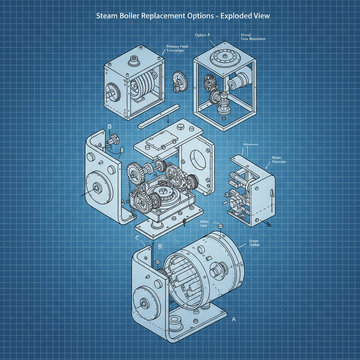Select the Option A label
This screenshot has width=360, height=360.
202,36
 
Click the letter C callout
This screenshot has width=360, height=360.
137,238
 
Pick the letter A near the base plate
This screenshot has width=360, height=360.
233,320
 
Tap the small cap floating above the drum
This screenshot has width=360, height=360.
221,226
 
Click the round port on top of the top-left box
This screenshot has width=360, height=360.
134,60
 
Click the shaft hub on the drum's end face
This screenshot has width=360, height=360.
215,273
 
